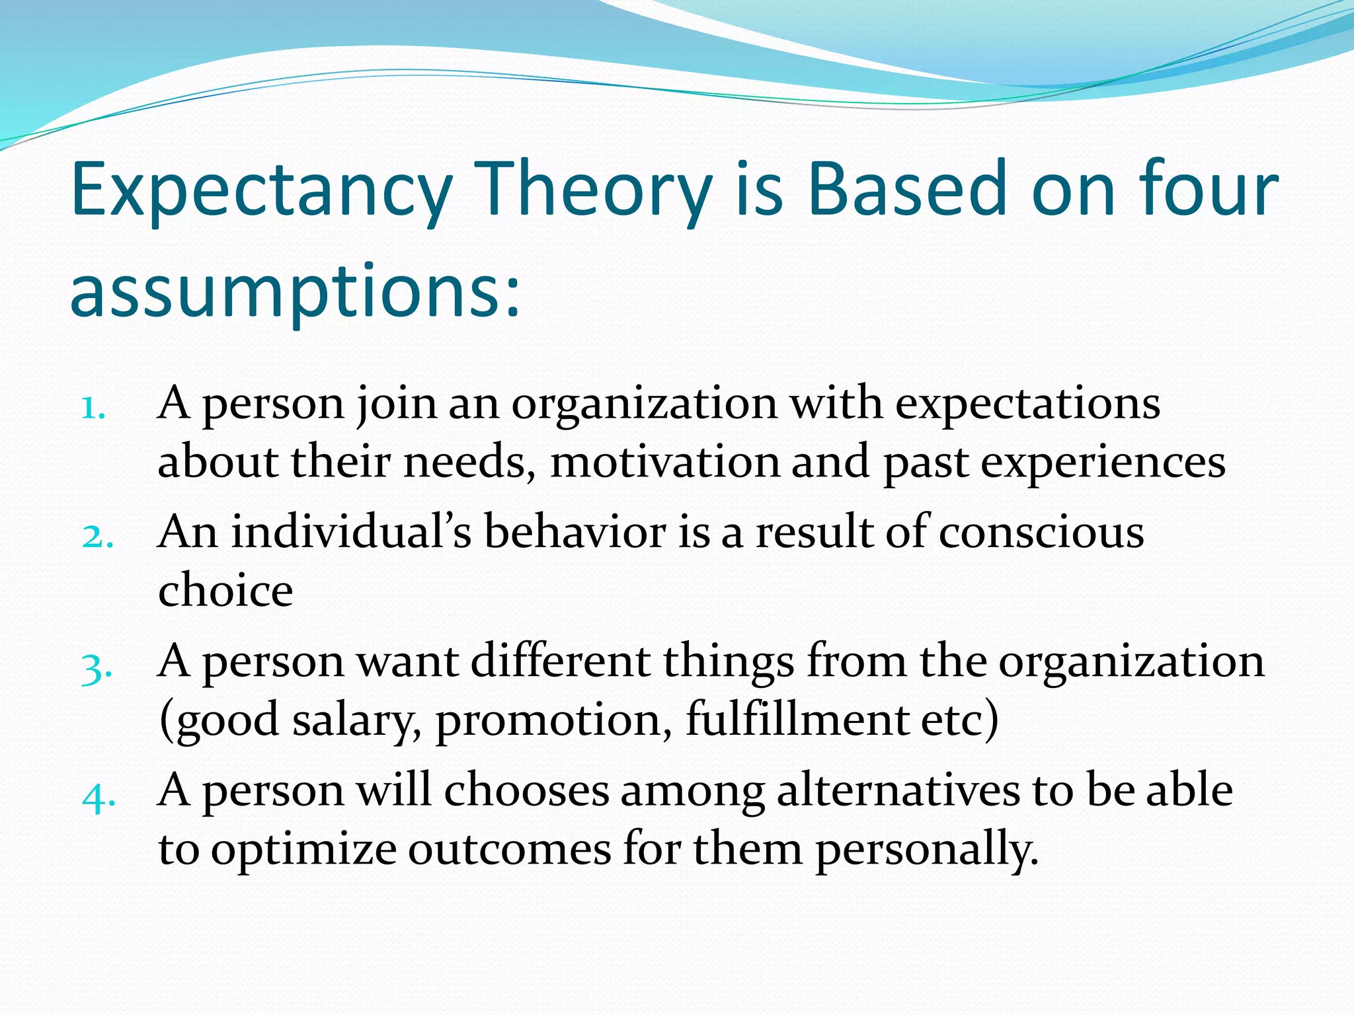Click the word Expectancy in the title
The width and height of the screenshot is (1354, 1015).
point(260,192)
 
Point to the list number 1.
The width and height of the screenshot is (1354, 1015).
point(93,408)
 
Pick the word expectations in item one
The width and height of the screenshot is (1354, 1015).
point(1027,404)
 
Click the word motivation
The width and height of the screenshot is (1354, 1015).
point(664,462)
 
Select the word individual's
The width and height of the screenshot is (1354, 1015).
point(351,532)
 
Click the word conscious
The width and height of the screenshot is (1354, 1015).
point(1041,532)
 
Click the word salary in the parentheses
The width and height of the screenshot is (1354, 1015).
point(357,720)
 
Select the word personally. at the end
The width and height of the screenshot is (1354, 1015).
point(926,850)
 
